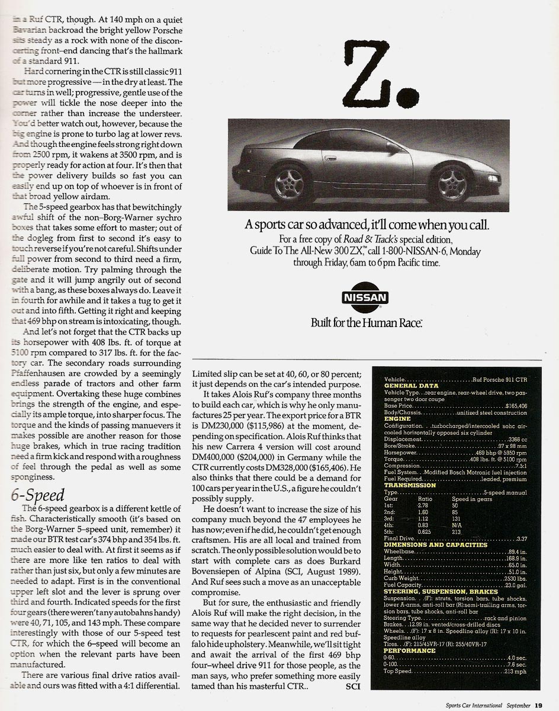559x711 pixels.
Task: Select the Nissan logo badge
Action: point(365,297)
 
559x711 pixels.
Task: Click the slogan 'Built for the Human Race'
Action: point(366,323)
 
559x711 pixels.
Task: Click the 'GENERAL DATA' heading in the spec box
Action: point(411,386)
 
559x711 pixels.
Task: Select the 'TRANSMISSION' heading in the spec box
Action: point(410,485)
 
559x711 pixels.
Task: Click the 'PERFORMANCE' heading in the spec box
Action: point(410,651)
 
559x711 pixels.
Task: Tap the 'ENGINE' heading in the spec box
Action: point(397,419)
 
